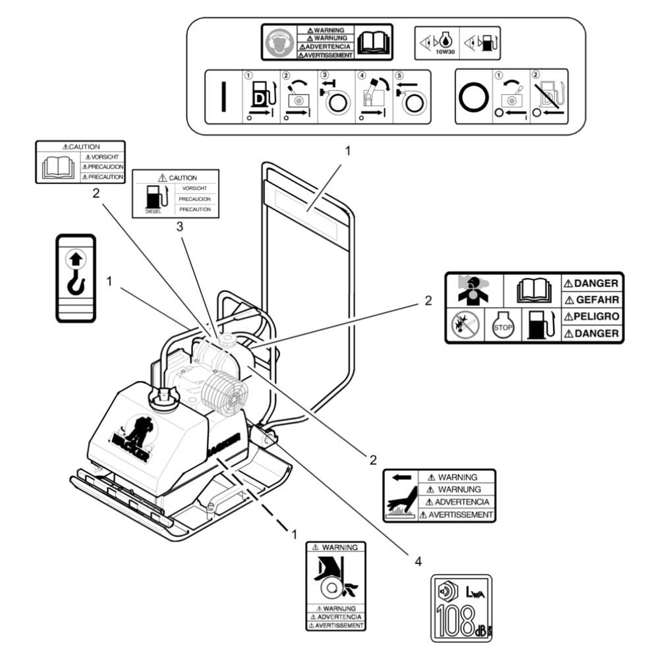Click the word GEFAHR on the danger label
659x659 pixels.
tap(592, 300)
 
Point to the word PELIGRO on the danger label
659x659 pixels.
tap(592, 316)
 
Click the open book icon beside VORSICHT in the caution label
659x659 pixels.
tap(57, 166)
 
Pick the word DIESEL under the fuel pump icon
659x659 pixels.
tap(153, 212)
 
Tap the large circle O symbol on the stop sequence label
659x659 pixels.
tap(474, 96)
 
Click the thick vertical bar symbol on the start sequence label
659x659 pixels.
tap(224, 97)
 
